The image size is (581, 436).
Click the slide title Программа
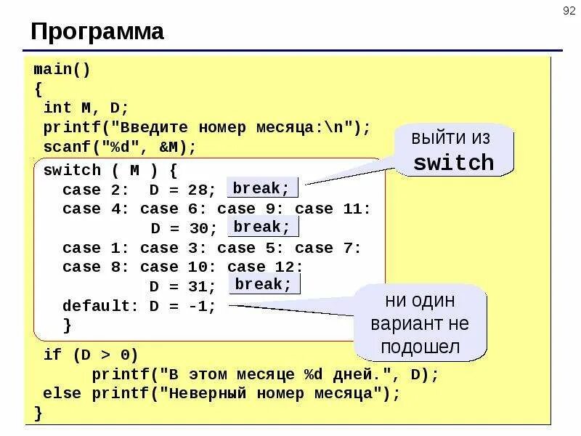(97, 31)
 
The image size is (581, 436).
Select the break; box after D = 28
(261, 188)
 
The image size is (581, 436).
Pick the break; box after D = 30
(261, 227)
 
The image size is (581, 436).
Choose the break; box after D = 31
(262, 284)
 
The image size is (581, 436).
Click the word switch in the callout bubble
(453, 162)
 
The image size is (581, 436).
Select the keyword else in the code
(62, 394)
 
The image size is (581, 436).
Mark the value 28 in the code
(198, 190)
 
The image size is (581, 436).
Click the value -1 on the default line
(197, 306)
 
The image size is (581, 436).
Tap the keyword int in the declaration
(57, 108)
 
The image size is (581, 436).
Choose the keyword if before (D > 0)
(52, 355)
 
